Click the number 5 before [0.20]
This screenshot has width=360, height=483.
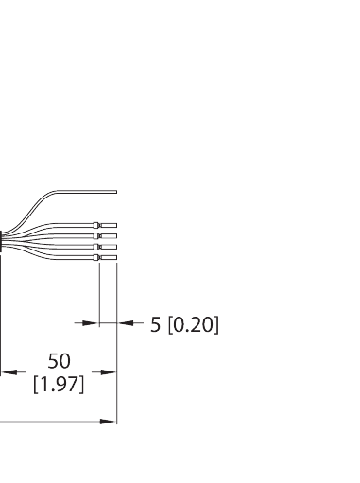coord(156,325)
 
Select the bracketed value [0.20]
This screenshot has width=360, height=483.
coord(194,325)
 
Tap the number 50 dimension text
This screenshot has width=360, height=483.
coord(59,361)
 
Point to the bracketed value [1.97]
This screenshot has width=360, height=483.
coord(59,385)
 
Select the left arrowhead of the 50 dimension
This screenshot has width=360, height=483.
coord(6,372)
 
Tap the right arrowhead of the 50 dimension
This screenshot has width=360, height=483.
coord(111,372)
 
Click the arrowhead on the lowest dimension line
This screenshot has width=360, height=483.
coord(111,422)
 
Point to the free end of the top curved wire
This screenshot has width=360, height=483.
coord(115,192)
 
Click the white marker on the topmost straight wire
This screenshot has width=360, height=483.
coord(97,224)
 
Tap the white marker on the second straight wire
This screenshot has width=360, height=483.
coord(97,235)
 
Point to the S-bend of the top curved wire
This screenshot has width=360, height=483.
coord(43,203)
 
